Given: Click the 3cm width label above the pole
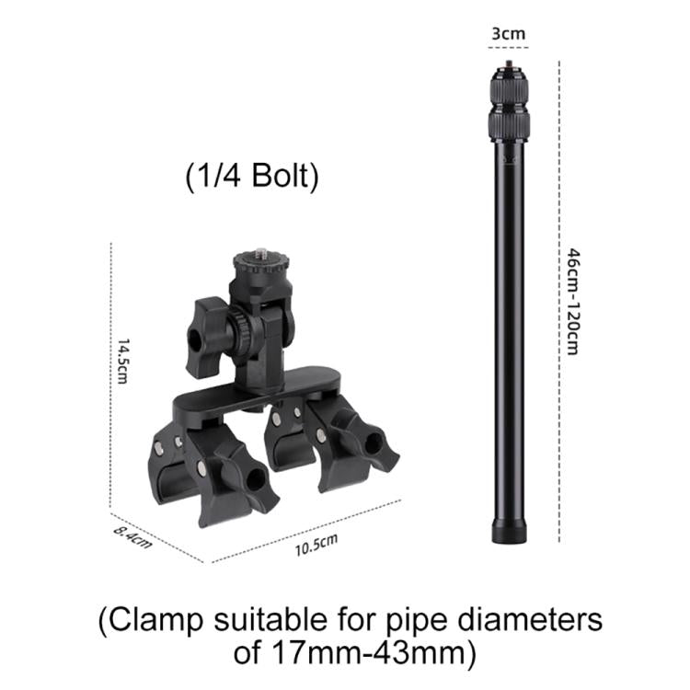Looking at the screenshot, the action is (x=508, y=33).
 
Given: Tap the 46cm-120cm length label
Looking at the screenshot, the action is (x=572, y=302).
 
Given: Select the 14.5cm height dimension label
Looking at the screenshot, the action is (x=123, y=361).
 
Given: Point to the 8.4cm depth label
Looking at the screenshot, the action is (x=132, y=537).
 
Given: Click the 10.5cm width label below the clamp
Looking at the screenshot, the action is (x=316, y=546).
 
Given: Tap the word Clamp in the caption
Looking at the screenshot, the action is (x=155, y=620).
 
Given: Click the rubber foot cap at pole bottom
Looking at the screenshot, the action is (x=509, y=531).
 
